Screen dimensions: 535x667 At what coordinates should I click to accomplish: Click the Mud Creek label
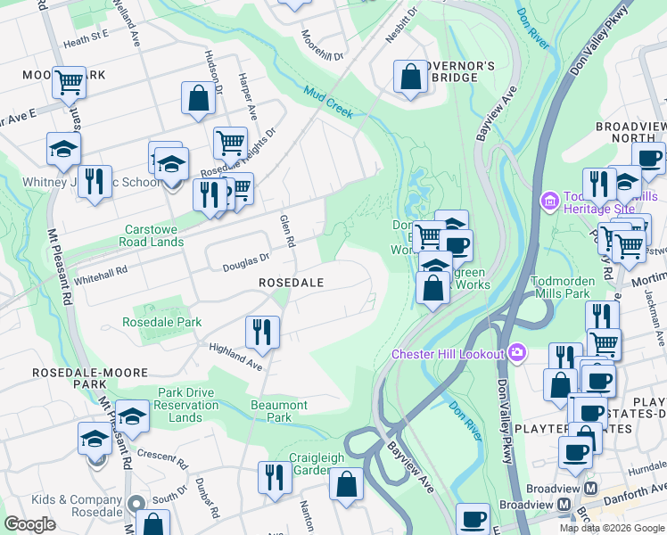pyautogui.click(x=328, y=103)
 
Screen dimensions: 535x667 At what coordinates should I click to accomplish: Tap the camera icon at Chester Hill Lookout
pyautogui.click(x=516, y=354)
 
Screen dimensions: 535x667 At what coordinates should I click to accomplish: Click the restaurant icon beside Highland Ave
pyautogui.click(x=263, y=332)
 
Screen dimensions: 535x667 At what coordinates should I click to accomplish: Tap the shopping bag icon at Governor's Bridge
pyautogui.click(x=410, y=77)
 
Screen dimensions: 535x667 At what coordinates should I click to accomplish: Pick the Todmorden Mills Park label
pyautogui.click(x=573, y=286)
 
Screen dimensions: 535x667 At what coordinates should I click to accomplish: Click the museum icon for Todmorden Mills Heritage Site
pyautogui.click(x=548, y=202)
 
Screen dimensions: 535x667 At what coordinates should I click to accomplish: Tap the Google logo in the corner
pyautogui.click(x=29, y=523)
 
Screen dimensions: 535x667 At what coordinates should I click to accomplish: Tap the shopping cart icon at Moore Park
pyautogui.click(x=69, y=82)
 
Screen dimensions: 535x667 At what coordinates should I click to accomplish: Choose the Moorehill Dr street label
pyautogui.click(x=322, y=46)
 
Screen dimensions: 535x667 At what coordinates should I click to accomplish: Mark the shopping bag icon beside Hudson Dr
pyautogui.click(x=199, y=98)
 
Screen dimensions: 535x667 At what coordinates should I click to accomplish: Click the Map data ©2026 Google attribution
pyautogui.click(x=611, y=528)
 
